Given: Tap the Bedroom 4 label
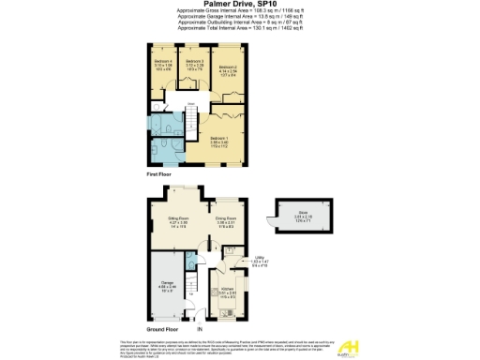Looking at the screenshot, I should click(x=162, y=62).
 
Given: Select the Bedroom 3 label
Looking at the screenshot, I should click(x=194, y=62).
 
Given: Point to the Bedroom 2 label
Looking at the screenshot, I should click(x=228, y=67).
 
